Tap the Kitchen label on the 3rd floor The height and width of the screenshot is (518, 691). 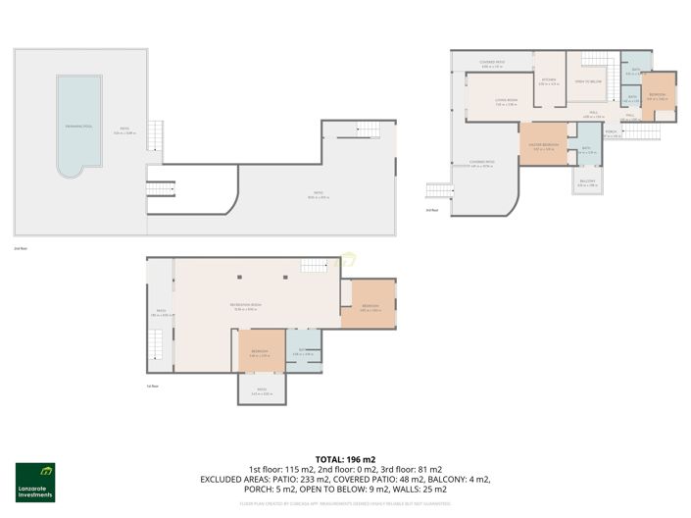tap(549, 81)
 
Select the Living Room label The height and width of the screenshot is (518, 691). tap(492, 102)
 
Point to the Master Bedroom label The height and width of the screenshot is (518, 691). tap(545, 148)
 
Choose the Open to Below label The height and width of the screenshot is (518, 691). tap(587, 81)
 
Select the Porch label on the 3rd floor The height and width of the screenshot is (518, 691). tap(611, 132)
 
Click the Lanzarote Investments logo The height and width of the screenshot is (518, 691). tap(35, 482)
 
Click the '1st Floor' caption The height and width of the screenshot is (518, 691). tap(153, 387)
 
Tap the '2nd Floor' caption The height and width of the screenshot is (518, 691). tap(20, 249)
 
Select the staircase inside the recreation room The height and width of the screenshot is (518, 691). tap(315, 265)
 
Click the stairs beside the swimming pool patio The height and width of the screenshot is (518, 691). tap(153, 135)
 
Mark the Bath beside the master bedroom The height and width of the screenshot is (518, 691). tap(585, 149)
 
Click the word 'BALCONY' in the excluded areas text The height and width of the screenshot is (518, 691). tap(448, 479)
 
